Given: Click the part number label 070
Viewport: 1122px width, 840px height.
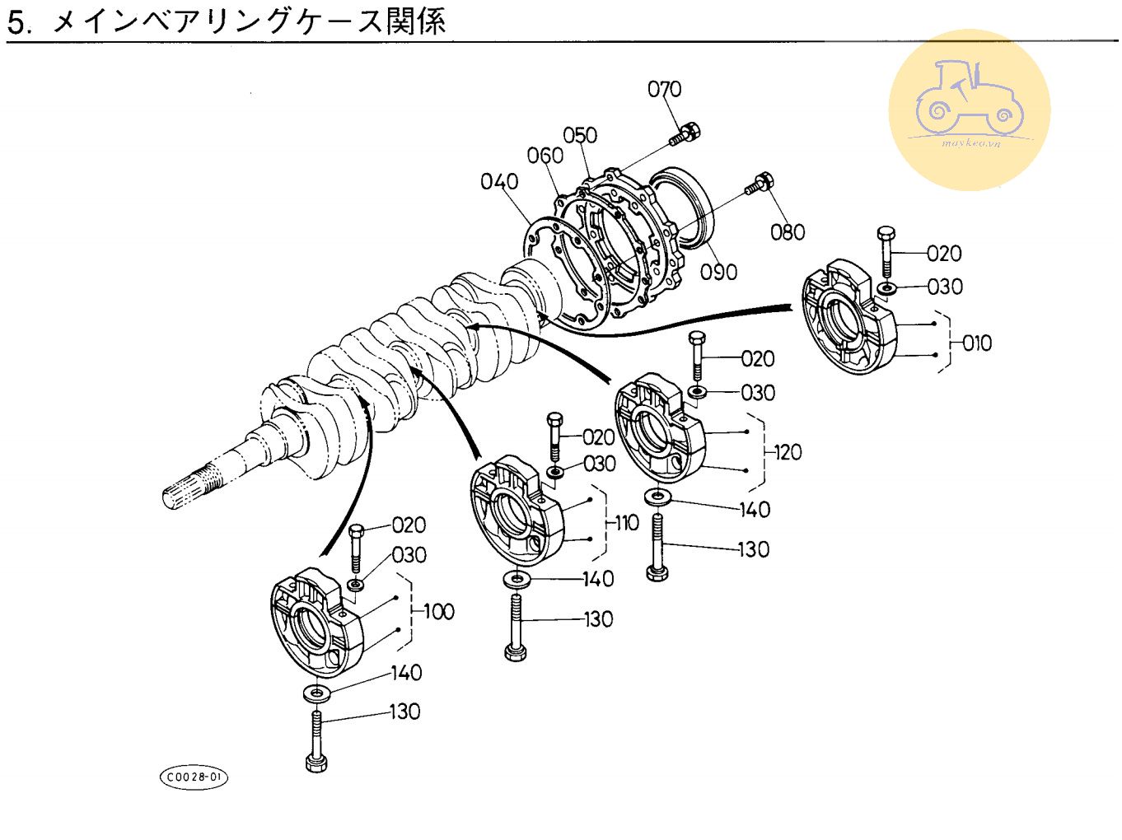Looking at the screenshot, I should [664, 89].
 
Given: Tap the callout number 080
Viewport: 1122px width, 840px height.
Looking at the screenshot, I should [787, 232].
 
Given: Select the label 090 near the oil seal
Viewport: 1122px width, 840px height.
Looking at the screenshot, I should [718, 272].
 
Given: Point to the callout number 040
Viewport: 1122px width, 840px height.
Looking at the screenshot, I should [499, 181].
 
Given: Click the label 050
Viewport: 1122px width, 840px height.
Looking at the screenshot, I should [580, 135].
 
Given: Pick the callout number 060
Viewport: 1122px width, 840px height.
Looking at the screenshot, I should [545, 156].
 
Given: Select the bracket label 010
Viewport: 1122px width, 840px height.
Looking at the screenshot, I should [976, 343].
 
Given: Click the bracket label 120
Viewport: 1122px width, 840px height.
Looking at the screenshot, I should [788, 452].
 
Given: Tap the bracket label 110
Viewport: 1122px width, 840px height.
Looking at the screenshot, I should [626, 523].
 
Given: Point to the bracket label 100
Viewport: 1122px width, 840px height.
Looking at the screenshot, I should [438, 611].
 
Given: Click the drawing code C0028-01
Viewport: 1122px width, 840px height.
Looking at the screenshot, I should [194, 777].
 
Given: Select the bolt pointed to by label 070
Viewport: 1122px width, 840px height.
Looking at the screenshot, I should [685, 133].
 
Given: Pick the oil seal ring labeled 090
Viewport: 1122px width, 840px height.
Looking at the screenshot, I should [683, 205].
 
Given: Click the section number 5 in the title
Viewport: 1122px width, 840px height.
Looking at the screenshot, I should [17, 22].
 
